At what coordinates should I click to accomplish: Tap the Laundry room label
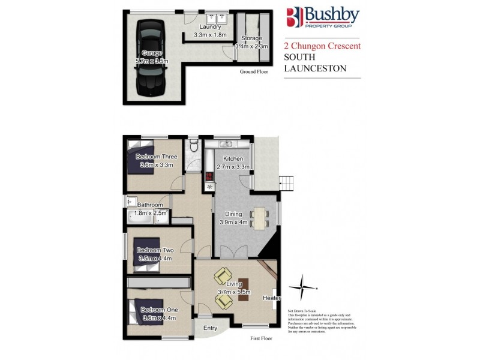pos(211,27)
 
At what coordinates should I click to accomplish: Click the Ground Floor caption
pos(253,71)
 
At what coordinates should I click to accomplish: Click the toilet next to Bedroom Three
pos(193,146)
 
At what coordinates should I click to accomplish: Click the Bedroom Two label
pos(154,250)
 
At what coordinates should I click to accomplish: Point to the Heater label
pos(271,298)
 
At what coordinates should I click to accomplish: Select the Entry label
pos(210,328)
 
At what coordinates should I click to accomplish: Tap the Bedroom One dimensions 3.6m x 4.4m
pos(158,318)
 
